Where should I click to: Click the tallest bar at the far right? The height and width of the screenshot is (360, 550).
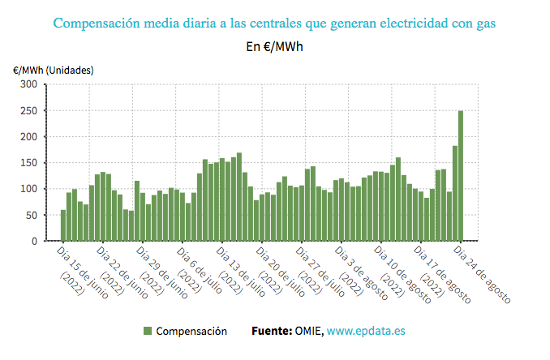point(461,176)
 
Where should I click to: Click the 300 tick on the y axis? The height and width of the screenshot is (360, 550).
point(28,84)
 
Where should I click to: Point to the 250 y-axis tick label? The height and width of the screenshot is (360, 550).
point(28,110)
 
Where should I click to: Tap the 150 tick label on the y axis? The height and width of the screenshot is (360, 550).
point(28,163)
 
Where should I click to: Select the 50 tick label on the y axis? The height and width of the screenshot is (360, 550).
point(31,215)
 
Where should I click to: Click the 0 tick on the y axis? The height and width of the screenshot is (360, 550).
point(34,241)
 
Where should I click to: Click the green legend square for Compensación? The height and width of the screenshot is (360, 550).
point(148,331)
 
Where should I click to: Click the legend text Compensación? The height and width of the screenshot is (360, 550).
point(191,331)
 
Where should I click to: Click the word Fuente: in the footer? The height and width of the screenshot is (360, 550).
point(271,331)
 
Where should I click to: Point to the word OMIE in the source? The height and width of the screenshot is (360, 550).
point(307,331)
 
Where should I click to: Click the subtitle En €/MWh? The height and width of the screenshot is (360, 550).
point(275,46)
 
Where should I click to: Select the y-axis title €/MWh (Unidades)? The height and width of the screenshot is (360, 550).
point(53,70)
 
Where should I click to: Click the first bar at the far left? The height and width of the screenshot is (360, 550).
point(62,225)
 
